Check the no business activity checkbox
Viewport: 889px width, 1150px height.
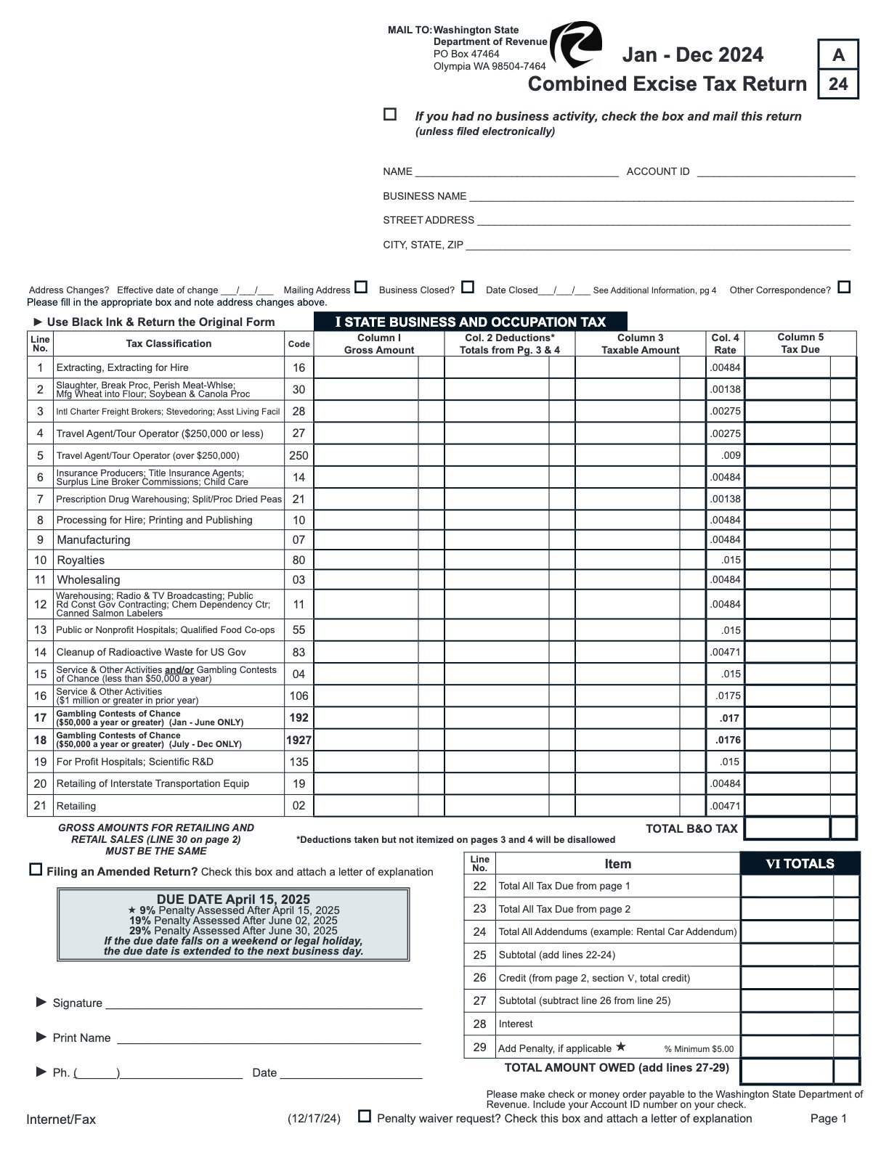390,114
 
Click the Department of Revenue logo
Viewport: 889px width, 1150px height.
575,44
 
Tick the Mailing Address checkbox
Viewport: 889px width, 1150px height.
361,287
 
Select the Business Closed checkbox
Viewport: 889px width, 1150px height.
468,287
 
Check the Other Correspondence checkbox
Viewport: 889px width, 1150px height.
843,287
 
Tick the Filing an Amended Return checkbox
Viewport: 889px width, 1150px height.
36,869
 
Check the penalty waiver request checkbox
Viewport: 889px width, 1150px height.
365,1116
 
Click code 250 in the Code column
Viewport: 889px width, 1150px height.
299,455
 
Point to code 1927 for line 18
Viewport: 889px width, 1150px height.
299,740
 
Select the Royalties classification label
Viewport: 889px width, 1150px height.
81,560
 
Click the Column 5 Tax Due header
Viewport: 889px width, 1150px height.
800,343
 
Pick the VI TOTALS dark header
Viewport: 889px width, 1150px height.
800,863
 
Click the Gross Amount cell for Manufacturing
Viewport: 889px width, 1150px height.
366,539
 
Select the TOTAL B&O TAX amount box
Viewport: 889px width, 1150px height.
787,828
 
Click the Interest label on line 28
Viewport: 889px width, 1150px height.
516,1024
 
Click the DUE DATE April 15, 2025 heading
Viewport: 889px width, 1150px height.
233,899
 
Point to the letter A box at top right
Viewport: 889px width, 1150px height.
838,54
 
